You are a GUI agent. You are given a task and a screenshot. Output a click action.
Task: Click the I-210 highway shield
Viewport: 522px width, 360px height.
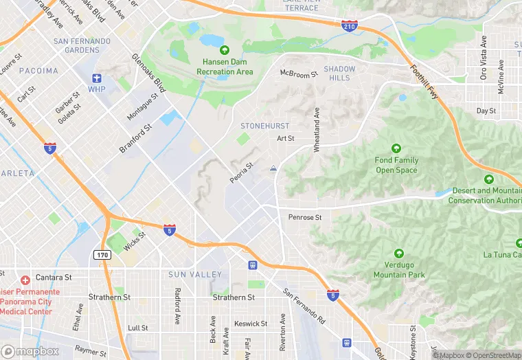(350, 26)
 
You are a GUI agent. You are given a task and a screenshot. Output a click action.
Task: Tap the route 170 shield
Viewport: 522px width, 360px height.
(101, 255)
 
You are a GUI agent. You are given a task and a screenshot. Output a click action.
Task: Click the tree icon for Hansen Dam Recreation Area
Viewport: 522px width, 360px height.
(225, 50)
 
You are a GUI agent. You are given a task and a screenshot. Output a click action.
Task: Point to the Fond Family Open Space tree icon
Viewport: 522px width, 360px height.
(396, 148)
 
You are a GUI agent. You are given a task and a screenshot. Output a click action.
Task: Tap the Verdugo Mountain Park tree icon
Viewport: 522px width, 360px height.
(398, 254)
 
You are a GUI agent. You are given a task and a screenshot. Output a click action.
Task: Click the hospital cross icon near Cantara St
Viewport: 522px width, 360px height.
(25, 280)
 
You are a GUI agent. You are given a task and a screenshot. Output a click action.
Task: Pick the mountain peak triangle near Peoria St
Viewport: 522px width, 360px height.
(274, 168)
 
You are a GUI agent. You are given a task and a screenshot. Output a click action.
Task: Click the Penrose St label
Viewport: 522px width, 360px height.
(305, 218)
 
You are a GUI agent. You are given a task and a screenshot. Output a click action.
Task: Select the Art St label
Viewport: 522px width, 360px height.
(286, 138)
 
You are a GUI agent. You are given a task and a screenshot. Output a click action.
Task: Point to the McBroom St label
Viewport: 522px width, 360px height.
(299, 74)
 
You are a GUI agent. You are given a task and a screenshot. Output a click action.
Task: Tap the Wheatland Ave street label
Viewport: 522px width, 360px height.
(317, 129)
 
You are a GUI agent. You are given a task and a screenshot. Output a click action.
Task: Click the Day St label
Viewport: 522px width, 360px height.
(486, 111)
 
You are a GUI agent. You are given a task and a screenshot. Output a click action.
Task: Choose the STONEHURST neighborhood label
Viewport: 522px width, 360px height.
(264, 126)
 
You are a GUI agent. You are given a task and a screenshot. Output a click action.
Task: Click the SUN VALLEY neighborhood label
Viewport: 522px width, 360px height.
(195, 275)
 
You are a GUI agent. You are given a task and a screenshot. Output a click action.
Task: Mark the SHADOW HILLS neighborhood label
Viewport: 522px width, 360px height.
(339, 74)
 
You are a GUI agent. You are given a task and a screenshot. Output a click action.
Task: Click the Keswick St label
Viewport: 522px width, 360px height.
(251, 324)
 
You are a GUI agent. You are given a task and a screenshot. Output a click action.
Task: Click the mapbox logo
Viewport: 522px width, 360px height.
(31, 351)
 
